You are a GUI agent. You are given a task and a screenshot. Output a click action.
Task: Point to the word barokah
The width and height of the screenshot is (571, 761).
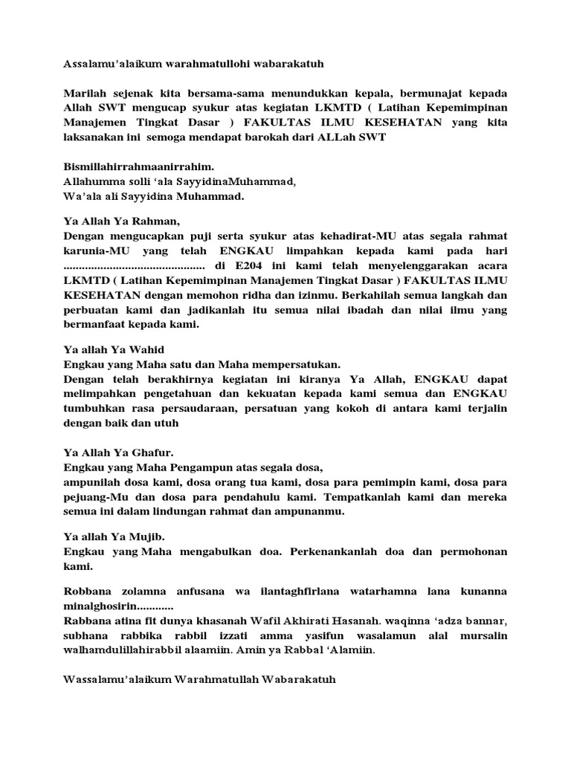(265, 137)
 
